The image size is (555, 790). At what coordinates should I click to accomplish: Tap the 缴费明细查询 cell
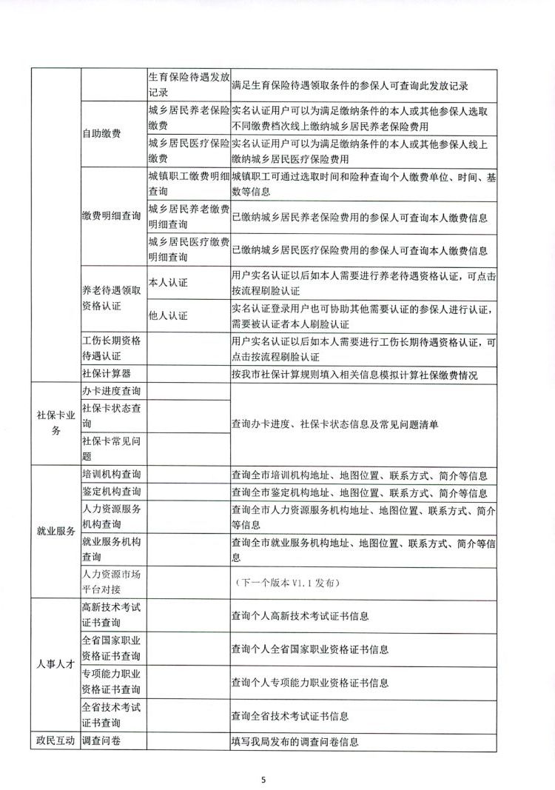[x=112, y=216]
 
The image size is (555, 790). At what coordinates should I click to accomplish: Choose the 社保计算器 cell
[x=107, y=374]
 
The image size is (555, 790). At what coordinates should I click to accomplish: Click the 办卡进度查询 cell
[x=112, y=390]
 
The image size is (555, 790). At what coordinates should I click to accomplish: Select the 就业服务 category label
[x=55, y=531]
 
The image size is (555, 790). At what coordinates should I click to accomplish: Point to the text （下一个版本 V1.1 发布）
[x=286, y=583]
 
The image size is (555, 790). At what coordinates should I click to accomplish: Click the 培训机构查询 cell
[x=112, y=475]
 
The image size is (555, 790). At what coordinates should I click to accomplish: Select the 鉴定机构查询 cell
[x=112, y=492]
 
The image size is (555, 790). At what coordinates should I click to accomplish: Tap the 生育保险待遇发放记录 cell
[x=188, y=85]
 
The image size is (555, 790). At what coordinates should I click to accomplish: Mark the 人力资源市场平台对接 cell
[x=112, y=583]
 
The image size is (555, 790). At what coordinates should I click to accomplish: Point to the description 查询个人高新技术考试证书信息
[x=300, y=615]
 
